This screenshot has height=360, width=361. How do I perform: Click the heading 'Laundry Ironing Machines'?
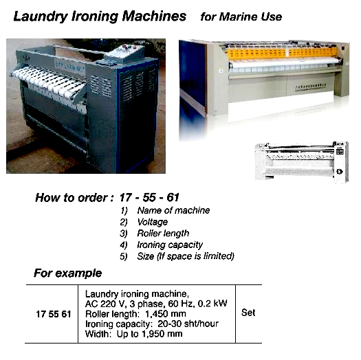pos(100,16)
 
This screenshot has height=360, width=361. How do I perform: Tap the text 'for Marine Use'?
pos(241,16)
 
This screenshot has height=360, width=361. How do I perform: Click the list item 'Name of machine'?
pos(173,210)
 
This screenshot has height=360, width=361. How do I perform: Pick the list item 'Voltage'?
pos(152,222)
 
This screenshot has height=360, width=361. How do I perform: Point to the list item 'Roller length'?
pos(162,234)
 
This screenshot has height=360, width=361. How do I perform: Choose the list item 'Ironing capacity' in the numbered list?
pos(170,245)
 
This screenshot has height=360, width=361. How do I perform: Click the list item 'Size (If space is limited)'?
pos(186,256)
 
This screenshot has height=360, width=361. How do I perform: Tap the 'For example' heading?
pos(68,273)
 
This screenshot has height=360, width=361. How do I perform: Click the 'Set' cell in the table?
pos(248,313)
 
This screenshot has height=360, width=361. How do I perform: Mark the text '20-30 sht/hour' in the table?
pos(181,323)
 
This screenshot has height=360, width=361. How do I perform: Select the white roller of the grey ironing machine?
pos(48,80)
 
